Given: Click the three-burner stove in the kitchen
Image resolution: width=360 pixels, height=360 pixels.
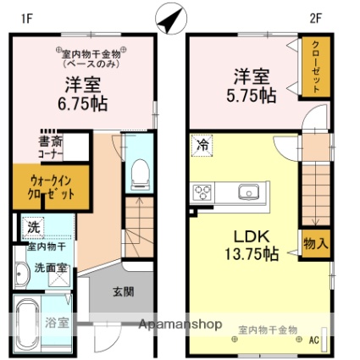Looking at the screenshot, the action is coord(202,192).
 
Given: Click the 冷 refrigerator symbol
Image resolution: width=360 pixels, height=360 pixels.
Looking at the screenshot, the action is coord(202,146).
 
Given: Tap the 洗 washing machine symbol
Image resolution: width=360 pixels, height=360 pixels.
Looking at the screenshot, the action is coord(34,227).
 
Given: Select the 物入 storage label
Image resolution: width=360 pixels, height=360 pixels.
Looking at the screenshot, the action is coord(316,243).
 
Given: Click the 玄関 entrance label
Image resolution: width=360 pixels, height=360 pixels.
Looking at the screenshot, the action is coord(124,291).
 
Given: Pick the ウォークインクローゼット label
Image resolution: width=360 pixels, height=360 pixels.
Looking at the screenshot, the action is coord(51,187).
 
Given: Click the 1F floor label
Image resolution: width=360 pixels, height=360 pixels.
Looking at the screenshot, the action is coord(28,19).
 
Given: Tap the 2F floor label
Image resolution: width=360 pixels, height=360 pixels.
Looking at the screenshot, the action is coord(316,19).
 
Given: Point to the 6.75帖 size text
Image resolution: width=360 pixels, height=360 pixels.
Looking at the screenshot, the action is coord(82,103).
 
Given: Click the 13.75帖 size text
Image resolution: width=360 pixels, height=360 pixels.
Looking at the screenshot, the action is coord(252,253).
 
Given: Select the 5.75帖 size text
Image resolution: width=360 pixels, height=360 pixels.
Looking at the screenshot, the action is coord(251,96).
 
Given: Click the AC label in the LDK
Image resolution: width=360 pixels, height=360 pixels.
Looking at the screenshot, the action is coord(313,340).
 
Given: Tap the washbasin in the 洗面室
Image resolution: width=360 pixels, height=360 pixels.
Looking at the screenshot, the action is coord(22,274).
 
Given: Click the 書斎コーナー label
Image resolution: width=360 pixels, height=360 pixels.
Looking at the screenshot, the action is coord(51,147).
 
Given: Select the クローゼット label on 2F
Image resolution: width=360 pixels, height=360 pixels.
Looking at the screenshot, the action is coord(316,67).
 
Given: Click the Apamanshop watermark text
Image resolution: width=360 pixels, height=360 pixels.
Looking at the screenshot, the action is coord(180,324).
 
